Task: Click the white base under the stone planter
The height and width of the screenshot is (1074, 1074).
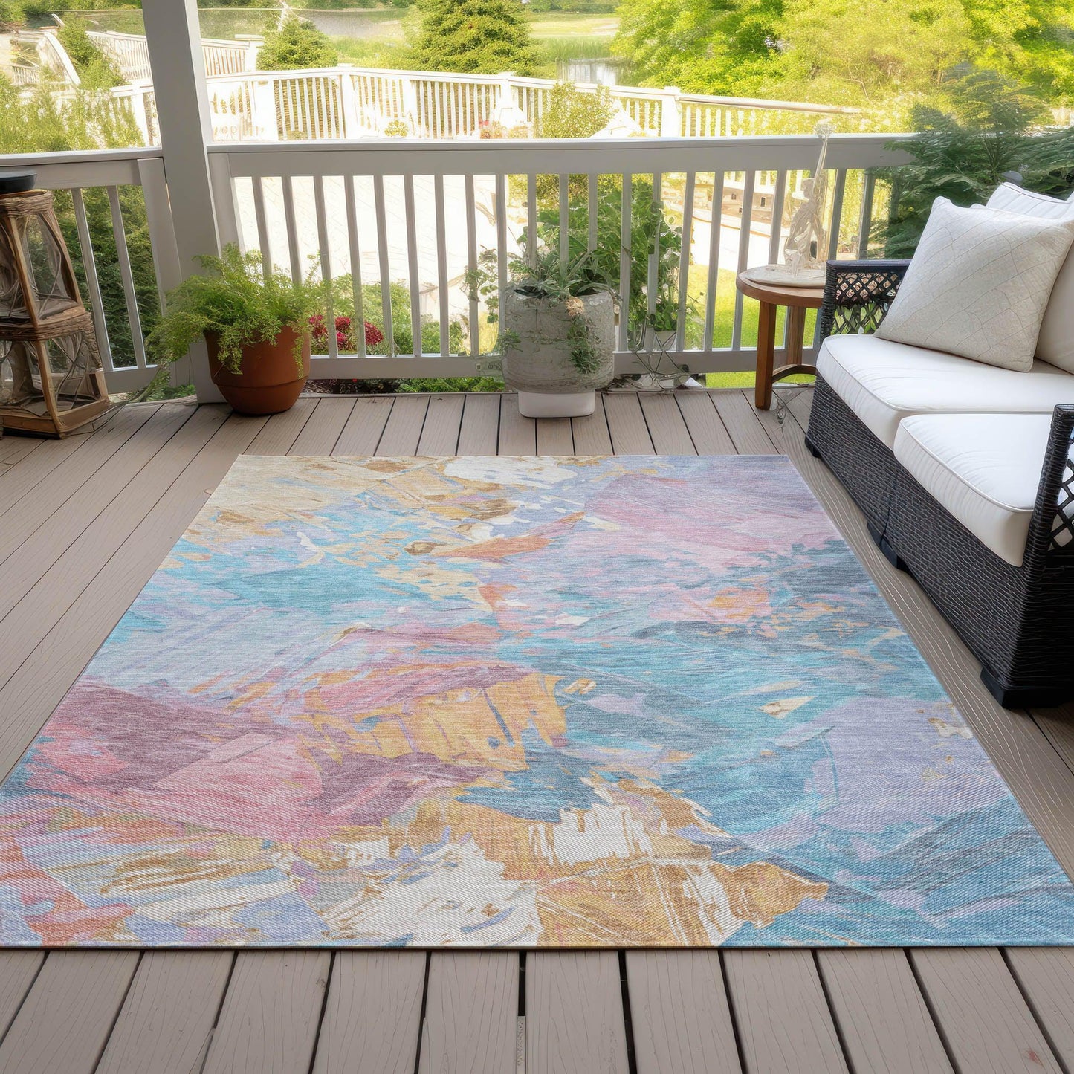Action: [557, 403]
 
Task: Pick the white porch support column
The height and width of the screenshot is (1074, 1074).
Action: [182, 149]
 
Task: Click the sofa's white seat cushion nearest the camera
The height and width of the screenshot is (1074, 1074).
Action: [981, 476]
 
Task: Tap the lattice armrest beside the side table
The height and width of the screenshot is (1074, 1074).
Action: [862, 294]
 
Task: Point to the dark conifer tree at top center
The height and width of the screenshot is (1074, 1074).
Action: [468, 37]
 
